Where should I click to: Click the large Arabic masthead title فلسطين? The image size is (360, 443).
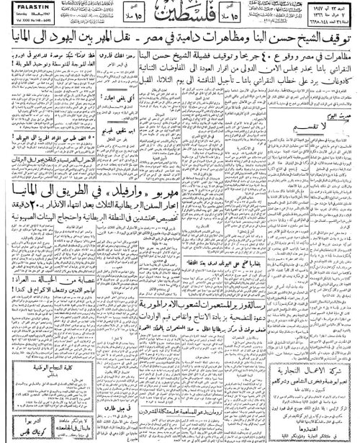tap(180, 16)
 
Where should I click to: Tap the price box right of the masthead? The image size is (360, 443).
tap(245, 17)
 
